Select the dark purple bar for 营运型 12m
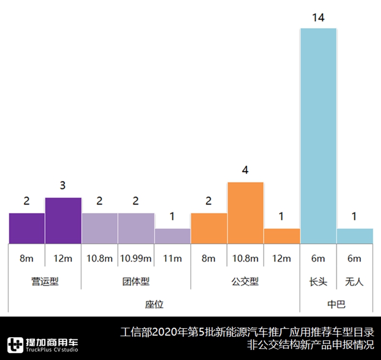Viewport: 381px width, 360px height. coord(63,220)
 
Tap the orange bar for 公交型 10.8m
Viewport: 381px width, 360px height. coord(246,212)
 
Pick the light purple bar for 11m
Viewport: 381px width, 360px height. coord(172,236)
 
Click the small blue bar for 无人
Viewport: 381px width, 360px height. coord(355,236)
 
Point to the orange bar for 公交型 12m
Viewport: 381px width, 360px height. coord(282,236)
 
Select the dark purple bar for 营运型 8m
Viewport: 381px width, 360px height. coord(27,228)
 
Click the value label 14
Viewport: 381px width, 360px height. coord(318,18)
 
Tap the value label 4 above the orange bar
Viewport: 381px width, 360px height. coord(246,170)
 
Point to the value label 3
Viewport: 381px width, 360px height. coord(63,186)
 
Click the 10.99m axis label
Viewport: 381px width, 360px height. coord(136,259)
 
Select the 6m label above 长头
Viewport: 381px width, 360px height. coord(318,259)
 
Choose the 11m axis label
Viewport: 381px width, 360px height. coord(172,259)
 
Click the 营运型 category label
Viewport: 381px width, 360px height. coord(45,281)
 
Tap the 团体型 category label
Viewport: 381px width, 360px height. coord(136,281)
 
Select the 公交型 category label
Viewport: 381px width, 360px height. coord(246,281)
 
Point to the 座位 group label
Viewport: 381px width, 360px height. coord(154,304)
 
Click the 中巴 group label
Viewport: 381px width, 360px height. coord(336,304)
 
